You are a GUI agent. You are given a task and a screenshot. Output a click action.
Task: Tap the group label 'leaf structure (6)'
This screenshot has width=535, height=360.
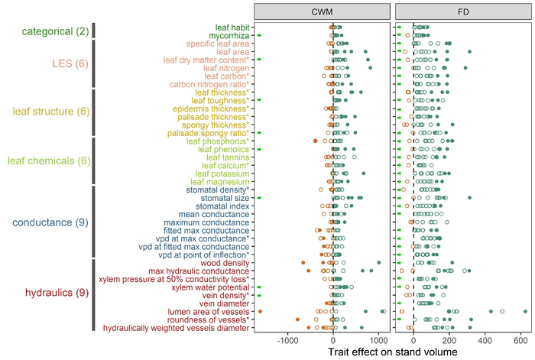click(49, 112)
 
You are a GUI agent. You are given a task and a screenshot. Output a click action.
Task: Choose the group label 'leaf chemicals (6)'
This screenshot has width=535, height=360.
click(48, 161)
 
